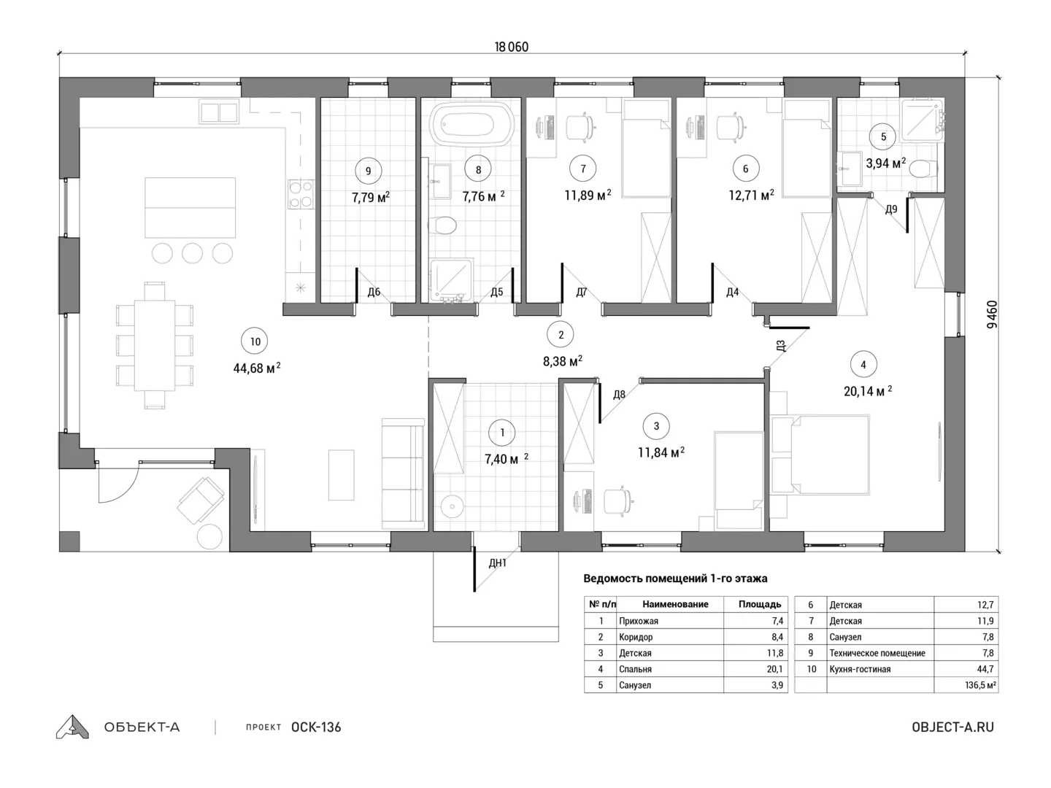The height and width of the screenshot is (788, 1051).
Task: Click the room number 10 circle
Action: (x=255, y=341)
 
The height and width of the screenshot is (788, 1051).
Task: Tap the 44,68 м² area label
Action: (x=257, y=368)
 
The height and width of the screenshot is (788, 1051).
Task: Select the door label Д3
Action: (x=780, y=346)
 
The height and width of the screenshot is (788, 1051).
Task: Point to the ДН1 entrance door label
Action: (x=498, y=563)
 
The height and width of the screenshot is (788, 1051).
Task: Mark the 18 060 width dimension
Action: (x=512, y=47)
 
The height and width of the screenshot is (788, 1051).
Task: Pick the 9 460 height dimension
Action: (x=992, y=314)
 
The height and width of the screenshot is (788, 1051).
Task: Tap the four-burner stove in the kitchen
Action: (x=301, y=194)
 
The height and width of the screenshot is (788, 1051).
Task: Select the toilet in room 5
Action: (x=923, y=169)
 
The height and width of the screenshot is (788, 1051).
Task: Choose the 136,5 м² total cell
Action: (x=980, y=685)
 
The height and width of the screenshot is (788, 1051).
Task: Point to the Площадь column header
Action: (x=759, y=604)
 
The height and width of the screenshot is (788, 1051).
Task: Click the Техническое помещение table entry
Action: (x=877, y=653)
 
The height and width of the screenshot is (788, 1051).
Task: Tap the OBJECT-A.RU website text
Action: (x=953, y=727)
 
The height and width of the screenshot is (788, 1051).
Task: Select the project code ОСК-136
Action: (x=316, y=727)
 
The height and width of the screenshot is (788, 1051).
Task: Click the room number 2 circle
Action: (x=561, y=335)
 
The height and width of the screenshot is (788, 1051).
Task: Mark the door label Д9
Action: (x=891, y=209)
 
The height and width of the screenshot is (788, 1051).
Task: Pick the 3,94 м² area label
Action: (x=886, y=163)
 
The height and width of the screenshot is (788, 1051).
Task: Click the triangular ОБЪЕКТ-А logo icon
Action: (x=72, y=727)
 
